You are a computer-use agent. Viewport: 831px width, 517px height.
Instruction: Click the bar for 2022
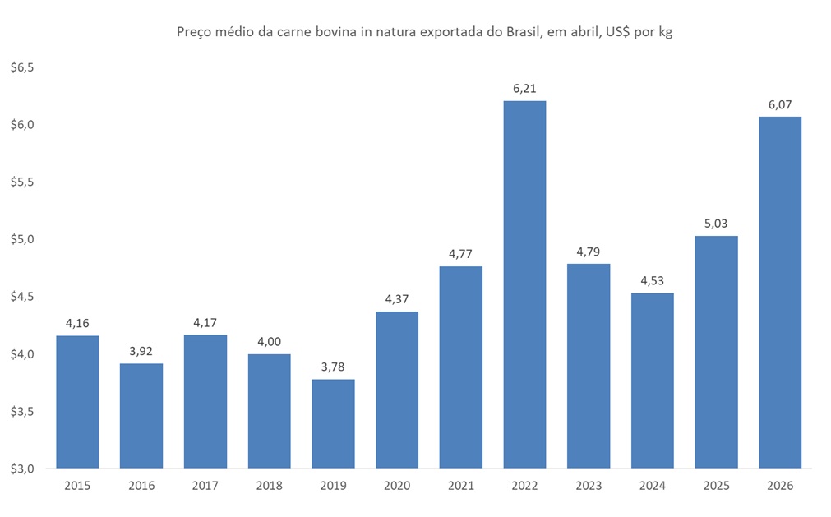pos(524,284)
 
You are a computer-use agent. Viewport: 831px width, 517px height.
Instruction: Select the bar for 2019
pos(333,423)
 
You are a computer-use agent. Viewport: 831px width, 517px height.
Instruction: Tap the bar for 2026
pos(780,293)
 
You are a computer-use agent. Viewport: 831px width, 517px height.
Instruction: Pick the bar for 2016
pos(141,416)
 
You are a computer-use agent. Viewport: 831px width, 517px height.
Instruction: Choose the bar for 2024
pos(652,381)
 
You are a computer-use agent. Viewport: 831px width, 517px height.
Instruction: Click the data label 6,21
pos(524,88)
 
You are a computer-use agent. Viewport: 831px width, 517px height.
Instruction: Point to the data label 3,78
pos(333,367)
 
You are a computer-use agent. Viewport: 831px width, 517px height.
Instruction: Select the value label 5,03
pos(716,224)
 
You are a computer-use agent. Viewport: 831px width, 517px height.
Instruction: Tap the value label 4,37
pos(397,299)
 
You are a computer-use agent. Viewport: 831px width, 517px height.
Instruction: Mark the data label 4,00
pos(269,342)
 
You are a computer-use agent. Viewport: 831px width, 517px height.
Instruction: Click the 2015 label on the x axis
pos(77,486)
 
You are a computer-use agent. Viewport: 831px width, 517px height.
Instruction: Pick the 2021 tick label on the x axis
pos(460,486)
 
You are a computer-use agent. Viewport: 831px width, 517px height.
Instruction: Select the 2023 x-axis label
pos(589,486)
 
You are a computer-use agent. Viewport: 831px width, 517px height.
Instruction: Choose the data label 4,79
pos(589,252)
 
